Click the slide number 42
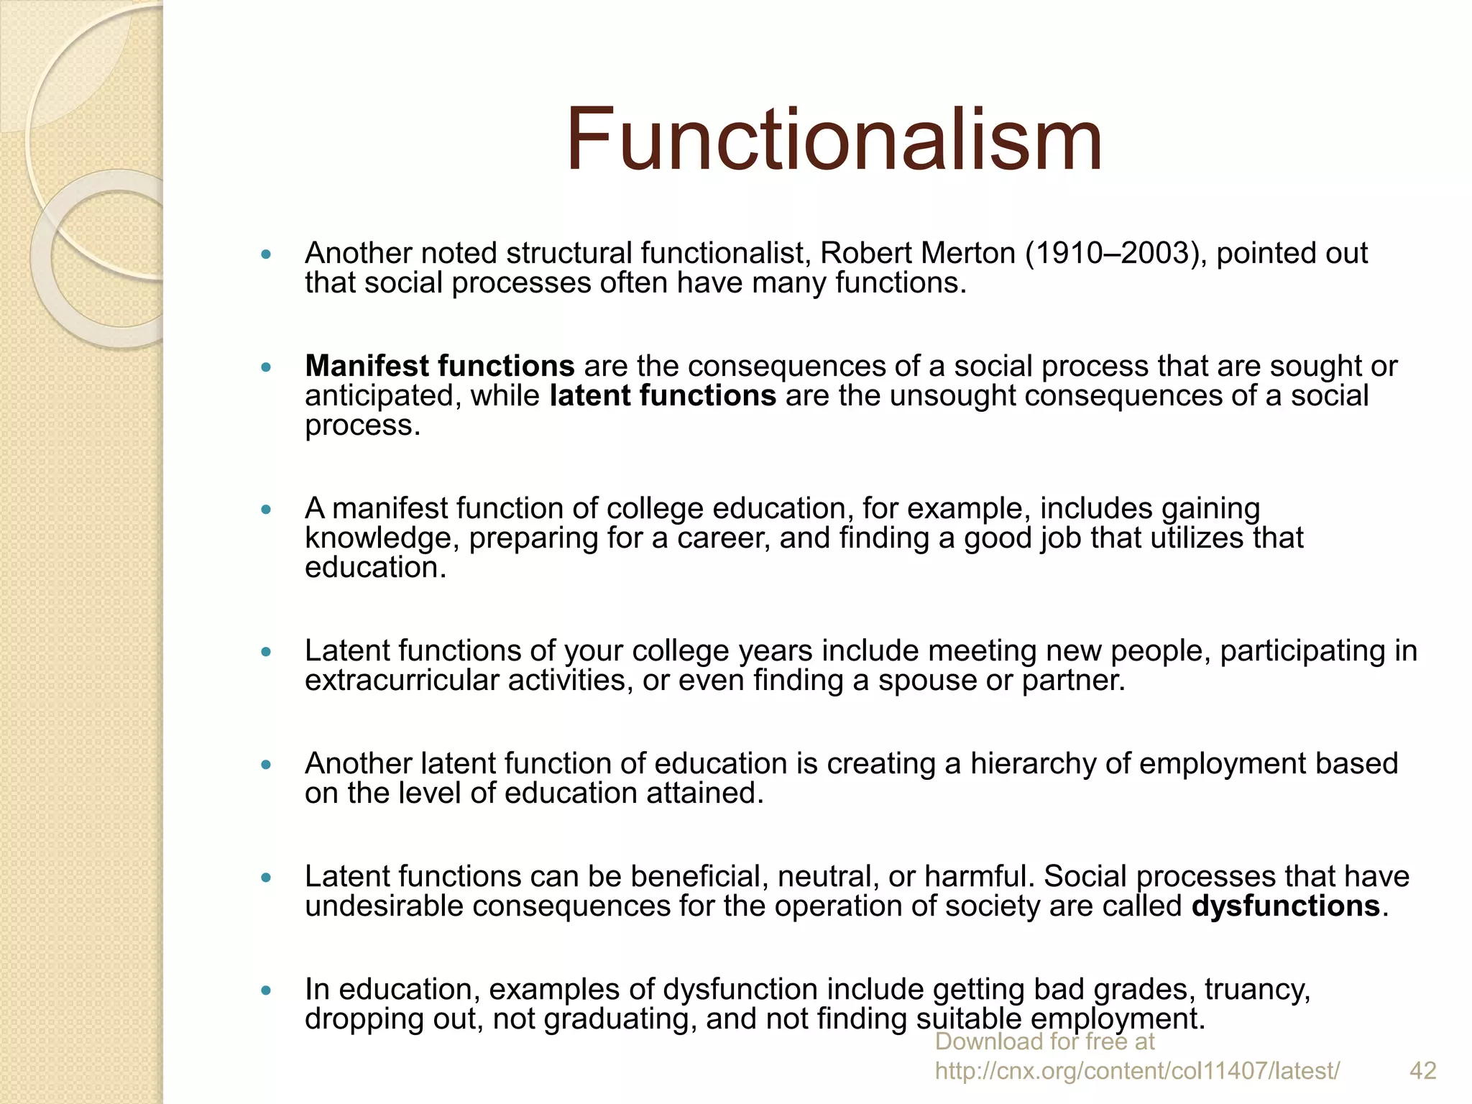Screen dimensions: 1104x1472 pyautogui.click(x=1422, y=1071)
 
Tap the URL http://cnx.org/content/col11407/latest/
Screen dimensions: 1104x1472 pyautogui.click(x=1137, y=1071)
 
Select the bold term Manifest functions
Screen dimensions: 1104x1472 pyautogui.click(x=439, y=367)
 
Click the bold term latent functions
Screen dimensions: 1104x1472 pyautogui.click(x=663, y=396)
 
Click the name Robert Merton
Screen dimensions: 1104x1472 pyautogui.click(x=918, y=254)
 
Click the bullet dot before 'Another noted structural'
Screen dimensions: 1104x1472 pyautogui.click(x=266, y=254)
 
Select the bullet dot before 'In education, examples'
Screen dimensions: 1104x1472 pyautogui.click(x=266, y=990)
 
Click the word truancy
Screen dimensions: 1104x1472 pyautogui.click(x=1257, y=990)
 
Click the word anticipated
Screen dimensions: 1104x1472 pyautogui.click(x=382, y=396)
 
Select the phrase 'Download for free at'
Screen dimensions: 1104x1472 pyautogui.click(x=1044, y=1041)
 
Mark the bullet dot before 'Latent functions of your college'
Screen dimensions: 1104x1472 pyautogui.click(x=266, y=652)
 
